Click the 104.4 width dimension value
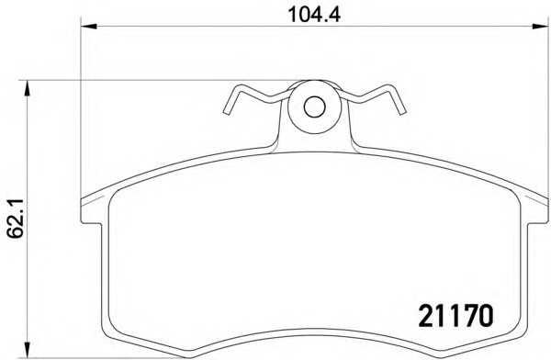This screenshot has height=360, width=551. tap(314, 15)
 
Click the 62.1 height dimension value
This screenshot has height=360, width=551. tap(16, 219)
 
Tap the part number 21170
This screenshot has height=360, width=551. tap(456, 315)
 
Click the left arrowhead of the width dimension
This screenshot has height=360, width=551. tap(88, 26)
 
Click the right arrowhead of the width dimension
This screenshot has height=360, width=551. tap(540, 26)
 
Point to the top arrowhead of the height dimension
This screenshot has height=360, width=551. tap(27, 88)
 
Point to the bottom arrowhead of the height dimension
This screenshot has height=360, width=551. tap(27, 350)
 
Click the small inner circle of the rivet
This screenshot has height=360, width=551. tap(314, 107)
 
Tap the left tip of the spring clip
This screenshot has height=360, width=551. tap(227, 112)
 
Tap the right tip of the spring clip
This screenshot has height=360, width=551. tap(402, 112)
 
